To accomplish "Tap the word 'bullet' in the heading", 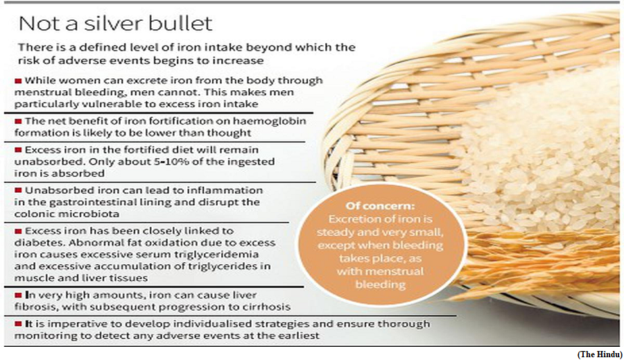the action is pos(181,24).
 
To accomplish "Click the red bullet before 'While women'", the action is pos(18,81).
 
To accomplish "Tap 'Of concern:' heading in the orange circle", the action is pos(380,206).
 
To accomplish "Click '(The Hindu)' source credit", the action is pos(599,354).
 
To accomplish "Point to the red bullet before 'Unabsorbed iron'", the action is pos(18,191).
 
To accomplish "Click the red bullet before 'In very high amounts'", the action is pos(18,295).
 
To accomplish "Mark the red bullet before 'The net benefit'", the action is pos(18,121).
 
